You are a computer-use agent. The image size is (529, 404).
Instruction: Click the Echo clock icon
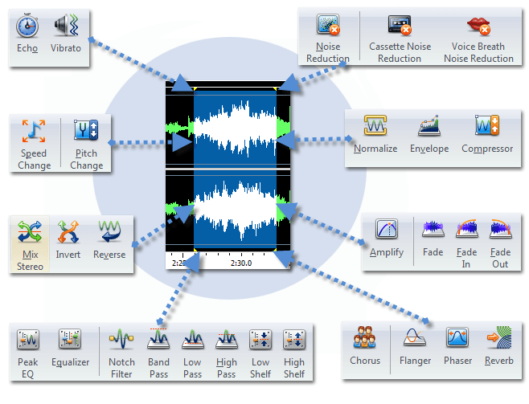pos(27,26)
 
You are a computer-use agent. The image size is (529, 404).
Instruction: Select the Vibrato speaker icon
pos(65,26)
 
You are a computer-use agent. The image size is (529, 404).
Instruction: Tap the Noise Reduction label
pos(327,53)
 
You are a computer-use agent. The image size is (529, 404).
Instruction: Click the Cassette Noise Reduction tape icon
pos(400,26)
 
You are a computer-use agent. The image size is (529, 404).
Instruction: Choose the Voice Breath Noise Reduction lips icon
pos(479,26)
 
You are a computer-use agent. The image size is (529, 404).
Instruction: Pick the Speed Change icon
pos(34,129)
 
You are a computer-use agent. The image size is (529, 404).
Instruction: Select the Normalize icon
pos(375,125)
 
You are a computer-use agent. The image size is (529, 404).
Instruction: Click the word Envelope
pos(429,149)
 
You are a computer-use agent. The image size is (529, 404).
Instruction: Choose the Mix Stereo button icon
pos(30,232)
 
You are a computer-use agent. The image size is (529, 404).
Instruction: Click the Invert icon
pos(68,232)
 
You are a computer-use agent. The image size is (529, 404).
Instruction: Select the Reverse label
pos(109,255)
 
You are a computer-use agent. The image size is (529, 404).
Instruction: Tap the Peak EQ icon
pos(29,340)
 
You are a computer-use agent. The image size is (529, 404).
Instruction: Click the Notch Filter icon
pos(121,340)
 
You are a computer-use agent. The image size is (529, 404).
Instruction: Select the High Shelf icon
pos(294,340)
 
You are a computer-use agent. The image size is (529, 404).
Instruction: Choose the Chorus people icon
pos(365,338)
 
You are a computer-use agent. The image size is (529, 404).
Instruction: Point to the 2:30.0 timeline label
pos(240,263)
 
